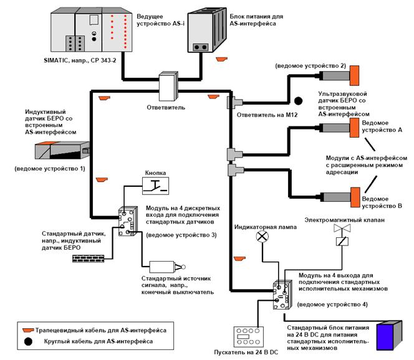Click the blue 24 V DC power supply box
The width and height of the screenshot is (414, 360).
(x=389, y=336)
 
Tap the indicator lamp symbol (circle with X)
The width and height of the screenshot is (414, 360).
(x=262, y=236)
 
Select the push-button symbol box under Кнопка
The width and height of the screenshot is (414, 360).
(x=155, y=186)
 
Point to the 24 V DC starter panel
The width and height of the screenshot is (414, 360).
(x=249, y=337)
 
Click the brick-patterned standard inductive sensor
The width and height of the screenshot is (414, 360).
(x=88, y=258)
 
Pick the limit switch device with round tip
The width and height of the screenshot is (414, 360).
(x=167, y=267)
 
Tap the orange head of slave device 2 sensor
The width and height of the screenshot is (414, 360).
(x=354, y=76)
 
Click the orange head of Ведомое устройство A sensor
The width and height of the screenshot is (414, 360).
(x=354, y=128)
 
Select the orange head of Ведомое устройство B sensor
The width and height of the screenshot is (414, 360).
(x=355, y=197)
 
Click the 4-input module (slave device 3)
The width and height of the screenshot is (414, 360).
(x=128, y=221)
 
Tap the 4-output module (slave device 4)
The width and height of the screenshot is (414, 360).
(x=282, y=295)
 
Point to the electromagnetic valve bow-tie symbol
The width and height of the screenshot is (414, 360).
(x=342, y=228)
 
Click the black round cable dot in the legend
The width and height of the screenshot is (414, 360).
(x=28, y=341)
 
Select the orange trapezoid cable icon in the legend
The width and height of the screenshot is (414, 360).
(x=28, y=330)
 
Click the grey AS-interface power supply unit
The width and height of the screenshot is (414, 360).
(x=207, y=30)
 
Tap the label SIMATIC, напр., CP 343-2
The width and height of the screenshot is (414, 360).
(x=80, y=60)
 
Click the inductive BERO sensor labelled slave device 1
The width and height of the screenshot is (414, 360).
(x=62, y=150)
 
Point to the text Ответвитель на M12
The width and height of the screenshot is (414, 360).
(x=267, y=115)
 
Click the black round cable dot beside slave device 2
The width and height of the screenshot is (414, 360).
(x=299, y=100)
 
